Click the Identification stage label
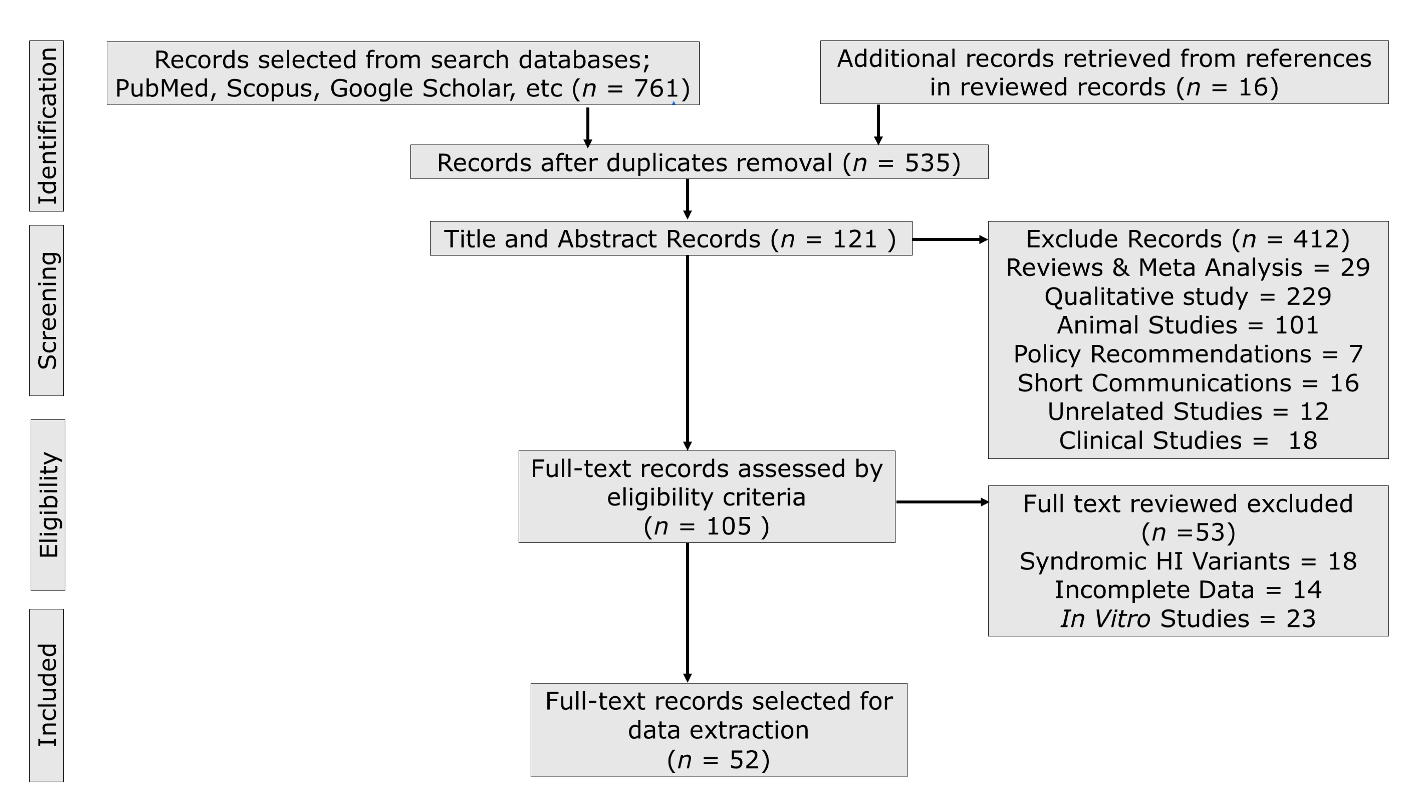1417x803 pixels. (47, 126)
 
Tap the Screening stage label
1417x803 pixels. (47, 310)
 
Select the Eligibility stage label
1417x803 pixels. (48, 504)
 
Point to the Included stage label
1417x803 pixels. (47, 695)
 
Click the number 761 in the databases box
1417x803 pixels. (656, 88)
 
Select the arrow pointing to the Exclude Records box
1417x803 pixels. (950, 239)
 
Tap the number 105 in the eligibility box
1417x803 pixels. (729, 526)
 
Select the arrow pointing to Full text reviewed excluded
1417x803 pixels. (942, 502)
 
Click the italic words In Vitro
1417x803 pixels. (1105, 619)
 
